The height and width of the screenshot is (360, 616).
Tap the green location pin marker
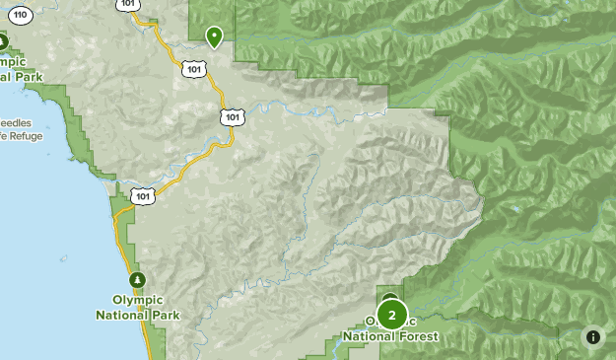pos(214,37)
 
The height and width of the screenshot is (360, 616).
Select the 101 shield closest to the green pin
pos(194,69)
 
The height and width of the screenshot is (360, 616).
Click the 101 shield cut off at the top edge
pos(129,5)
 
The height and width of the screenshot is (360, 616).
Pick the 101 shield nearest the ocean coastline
pos(144,196)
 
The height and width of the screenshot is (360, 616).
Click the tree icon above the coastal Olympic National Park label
pos(138,279)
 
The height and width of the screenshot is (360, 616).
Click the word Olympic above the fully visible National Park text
pos(138,301)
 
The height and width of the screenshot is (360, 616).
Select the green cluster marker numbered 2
pos(392,316)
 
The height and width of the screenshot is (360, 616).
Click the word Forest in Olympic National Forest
pos(417,336)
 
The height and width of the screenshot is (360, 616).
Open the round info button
pos(593,336)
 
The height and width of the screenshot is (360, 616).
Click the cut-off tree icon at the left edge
pos(3,41)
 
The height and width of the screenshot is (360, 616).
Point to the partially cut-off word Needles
pos(17,123)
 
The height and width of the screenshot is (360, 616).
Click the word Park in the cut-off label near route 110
pos(26,76)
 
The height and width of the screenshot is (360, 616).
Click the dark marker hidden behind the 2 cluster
pos(390,298)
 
